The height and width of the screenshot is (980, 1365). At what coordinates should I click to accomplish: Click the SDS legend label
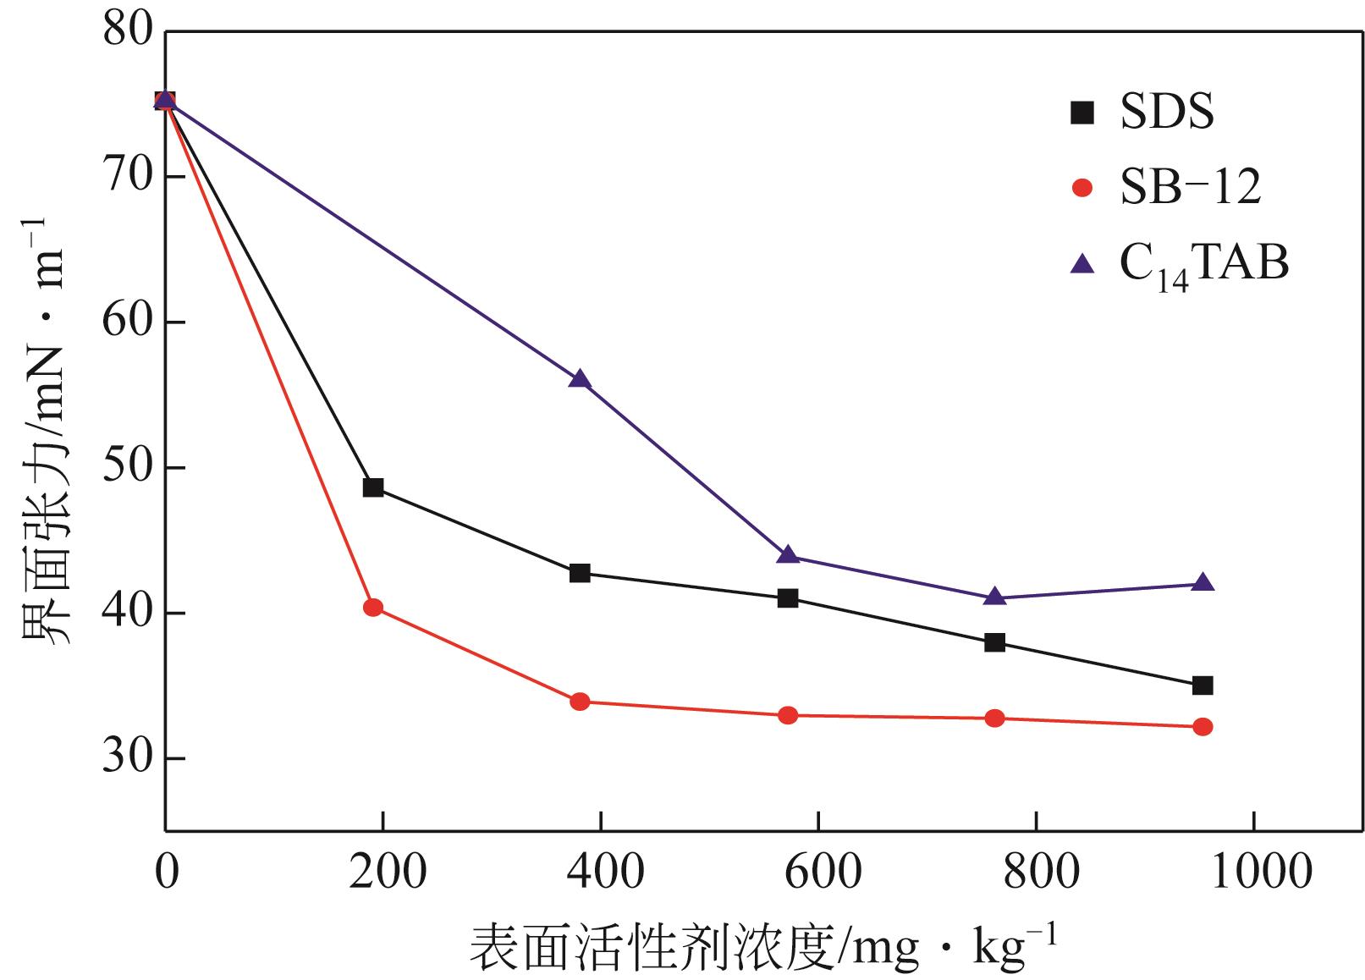click(x=1166, y=112)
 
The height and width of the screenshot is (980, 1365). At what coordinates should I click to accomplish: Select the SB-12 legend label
click(x=1190, y=187)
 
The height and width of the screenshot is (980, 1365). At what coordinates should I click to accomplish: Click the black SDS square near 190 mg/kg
click(x=373, y=487)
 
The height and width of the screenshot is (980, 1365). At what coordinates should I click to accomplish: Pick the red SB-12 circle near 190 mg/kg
click(x=373, y=607)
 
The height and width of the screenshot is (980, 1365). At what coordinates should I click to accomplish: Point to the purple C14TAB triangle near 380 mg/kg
click(x=580, y=379)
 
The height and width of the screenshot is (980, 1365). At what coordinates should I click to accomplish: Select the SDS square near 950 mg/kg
click(x=1203, y=685)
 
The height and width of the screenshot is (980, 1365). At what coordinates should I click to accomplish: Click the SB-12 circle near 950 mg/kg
click(x=1203, y=727)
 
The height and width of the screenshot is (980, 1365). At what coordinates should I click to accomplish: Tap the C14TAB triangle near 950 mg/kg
click(x=1203, y=583)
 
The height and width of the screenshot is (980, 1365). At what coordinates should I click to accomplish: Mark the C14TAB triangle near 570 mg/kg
click(x=788, y=555)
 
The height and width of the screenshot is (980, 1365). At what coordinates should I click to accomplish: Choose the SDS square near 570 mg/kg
click(x=788, y=598)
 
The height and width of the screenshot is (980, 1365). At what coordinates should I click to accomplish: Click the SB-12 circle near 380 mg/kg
click(x=580, y=702)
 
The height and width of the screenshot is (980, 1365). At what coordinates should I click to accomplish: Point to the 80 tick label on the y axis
click(x=127, y=31)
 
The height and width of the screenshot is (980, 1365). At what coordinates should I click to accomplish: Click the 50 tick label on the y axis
click(x=127, y=468)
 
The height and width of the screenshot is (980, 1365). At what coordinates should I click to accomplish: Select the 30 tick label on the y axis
click(x=127, y=759)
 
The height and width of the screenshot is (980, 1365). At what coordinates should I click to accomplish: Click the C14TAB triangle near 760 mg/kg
click(x=995, y=597)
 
